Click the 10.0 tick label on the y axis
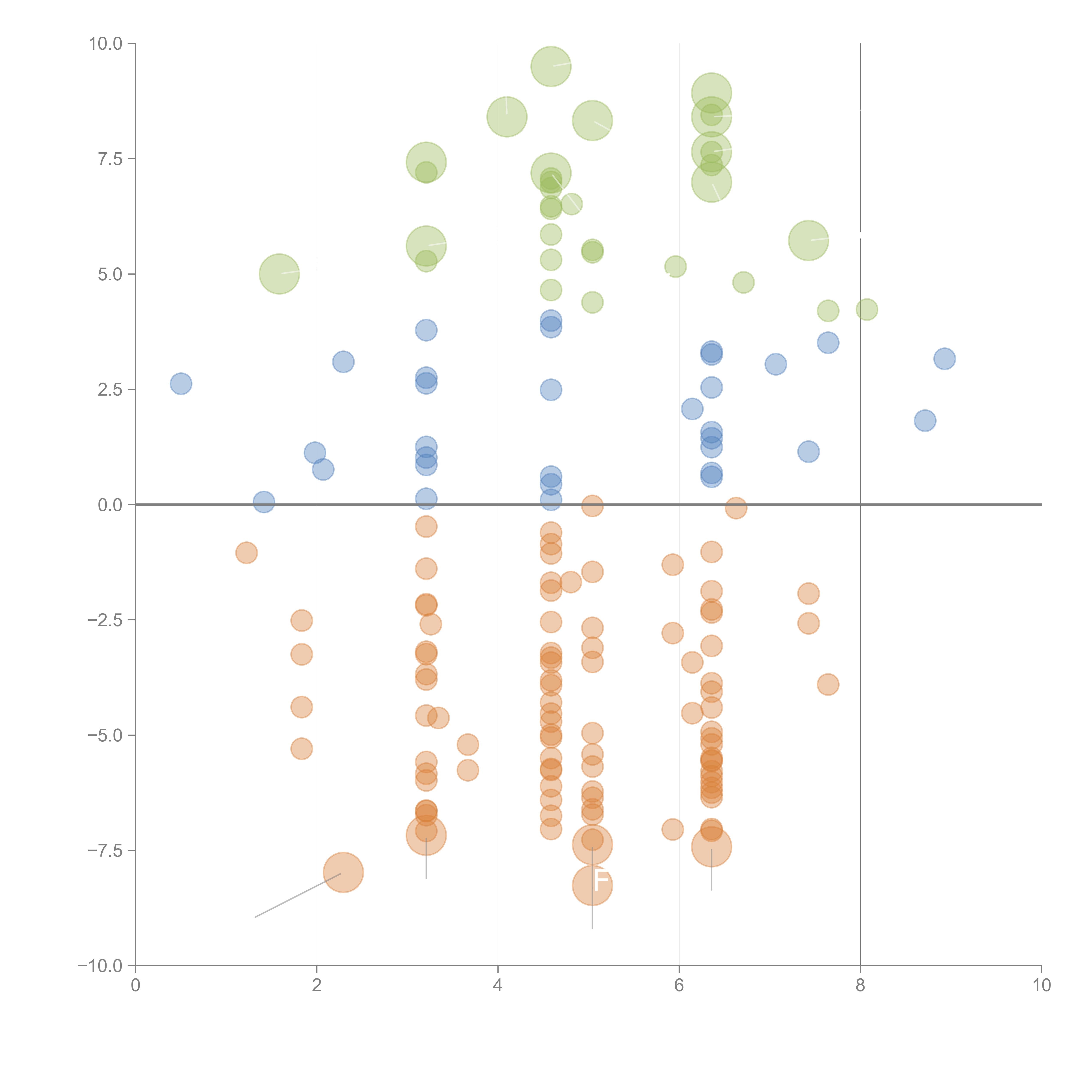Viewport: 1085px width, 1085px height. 105,44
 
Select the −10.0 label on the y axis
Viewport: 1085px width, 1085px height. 100,966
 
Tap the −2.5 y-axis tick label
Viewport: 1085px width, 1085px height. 105,620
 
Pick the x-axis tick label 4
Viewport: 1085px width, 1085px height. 498,986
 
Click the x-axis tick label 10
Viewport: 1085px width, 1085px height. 1041,986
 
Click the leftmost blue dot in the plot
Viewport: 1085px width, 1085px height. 181,384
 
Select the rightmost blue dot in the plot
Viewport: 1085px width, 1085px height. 945,358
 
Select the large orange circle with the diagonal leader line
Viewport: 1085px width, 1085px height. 343,872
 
